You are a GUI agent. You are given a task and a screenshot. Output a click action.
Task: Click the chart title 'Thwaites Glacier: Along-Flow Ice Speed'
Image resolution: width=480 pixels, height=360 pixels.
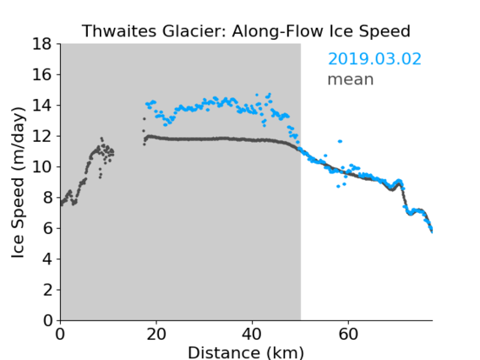246,31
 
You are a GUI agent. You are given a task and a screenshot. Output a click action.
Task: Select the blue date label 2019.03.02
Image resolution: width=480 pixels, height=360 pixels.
374,59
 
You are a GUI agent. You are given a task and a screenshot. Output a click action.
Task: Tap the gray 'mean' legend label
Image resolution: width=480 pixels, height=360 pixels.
351,79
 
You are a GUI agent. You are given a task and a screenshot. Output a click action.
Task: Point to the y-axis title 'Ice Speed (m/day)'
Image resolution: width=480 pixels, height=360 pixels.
18,183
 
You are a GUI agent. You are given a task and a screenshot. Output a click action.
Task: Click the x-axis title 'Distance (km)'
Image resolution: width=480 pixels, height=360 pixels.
246,352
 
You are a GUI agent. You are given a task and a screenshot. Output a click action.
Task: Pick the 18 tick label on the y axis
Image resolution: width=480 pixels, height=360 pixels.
41,44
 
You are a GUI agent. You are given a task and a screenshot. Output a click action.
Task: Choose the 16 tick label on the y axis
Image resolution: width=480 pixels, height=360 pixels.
41,74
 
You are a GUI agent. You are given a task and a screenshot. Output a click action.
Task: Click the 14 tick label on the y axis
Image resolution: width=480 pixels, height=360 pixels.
41,106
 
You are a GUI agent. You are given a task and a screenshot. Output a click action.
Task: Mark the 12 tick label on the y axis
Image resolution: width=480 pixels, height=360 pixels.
41,136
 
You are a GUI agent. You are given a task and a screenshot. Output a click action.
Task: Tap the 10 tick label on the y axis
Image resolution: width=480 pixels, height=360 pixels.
41,167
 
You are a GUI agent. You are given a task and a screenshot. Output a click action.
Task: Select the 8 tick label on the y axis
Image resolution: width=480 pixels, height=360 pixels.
47,198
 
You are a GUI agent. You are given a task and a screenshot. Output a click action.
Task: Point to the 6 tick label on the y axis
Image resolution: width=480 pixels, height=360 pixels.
47,228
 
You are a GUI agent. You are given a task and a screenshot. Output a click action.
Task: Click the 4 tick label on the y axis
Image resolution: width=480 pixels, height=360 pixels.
47,259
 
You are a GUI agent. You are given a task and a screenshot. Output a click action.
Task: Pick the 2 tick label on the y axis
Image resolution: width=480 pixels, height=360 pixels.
47,290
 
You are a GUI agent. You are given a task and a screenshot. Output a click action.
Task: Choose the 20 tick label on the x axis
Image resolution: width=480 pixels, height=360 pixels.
156,334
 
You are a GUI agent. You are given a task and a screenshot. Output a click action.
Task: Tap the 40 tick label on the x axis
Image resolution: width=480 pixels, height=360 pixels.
252,334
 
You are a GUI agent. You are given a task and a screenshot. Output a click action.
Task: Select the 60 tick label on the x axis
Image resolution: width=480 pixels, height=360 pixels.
348,334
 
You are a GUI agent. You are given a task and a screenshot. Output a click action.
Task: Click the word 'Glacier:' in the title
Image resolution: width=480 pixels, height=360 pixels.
194,31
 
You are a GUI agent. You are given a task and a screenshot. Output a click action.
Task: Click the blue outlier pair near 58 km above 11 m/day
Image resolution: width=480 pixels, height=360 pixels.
340,141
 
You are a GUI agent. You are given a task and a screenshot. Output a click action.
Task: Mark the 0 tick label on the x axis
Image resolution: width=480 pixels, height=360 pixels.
60,334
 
